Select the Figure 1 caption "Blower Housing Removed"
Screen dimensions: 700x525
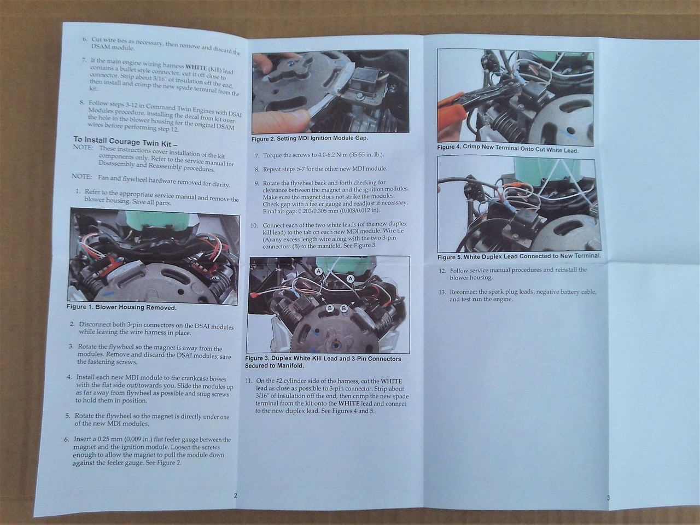(x=136, y=307)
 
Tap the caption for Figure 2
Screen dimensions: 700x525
(x=310, y=139)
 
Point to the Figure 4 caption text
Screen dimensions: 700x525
(x=507, y=149)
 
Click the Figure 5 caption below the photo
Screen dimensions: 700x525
(x=519, y=256)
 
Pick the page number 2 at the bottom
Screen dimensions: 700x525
(x=235, y=495)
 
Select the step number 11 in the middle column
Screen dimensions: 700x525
(x=250, y=381)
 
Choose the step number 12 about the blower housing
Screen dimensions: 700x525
(x=442, y=271)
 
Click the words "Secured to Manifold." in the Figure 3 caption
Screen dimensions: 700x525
(x=275, y=366)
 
